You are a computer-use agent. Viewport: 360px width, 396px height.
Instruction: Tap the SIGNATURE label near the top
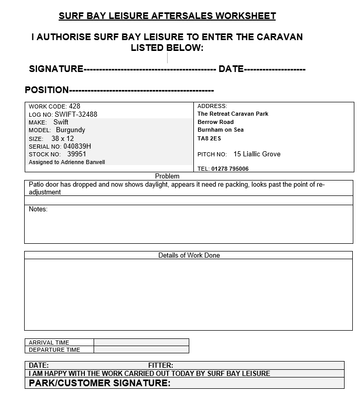(x=56, y=69)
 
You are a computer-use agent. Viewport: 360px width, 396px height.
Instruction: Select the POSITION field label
(x=47, y=90)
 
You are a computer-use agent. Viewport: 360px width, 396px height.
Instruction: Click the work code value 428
(x=75, y=106)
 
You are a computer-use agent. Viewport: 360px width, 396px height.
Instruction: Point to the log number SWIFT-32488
(x=76, y=115)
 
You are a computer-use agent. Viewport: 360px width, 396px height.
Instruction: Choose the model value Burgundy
(x=70, y=130)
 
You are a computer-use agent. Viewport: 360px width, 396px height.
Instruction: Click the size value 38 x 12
(x=63, y=138)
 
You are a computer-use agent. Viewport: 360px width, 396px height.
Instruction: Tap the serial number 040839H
(x=74, y=146)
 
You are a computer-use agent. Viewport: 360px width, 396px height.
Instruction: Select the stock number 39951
(x=77, y=154)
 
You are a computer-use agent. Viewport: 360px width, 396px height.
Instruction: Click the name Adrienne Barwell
(x=84, y=162)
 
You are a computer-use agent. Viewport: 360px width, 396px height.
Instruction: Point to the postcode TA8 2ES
(x=209, y=138)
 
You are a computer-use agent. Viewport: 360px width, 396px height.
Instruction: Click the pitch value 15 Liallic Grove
(x=257, y=154)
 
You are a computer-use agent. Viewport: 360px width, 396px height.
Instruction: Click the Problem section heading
(x=167, y=176)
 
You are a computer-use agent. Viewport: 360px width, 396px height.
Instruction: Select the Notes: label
(x=38, y=209)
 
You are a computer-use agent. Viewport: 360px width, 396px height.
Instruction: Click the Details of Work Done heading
(x=189, y=255)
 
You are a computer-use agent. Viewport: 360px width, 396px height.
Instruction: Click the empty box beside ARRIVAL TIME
(x=141, y=343)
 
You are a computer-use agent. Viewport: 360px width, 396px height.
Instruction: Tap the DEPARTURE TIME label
(x=55, y=350)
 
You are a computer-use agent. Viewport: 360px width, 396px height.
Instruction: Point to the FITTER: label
(x=160, y=366)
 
